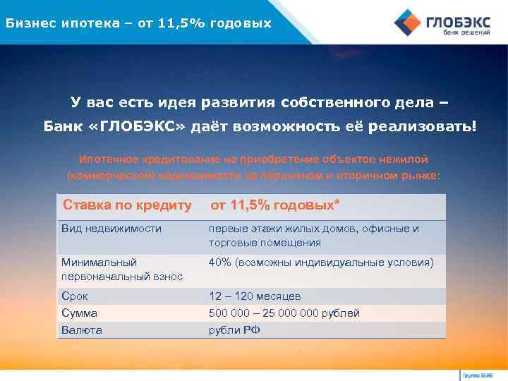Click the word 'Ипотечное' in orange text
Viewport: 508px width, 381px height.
[x=106, y=159]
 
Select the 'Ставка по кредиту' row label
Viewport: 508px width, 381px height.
[x=127, y=205]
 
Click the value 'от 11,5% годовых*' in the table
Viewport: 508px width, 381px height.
[x=274, y=205]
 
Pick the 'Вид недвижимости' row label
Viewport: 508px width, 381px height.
[x=111, y=229]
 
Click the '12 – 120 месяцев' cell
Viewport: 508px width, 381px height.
[x=254, y=296]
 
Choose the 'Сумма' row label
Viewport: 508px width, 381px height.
[x=79, y=313]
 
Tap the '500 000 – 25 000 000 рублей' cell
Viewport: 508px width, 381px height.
[x=284, y=313]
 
